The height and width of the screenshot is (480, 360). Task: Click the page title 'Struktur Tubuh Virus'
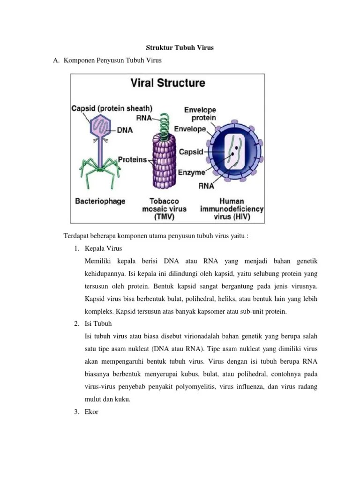coord(180,48)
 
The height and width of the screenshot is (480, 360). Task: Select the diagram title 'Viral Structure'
coord(167,83)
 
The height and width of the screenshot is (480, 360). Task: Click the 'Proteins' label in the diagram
coord(132,160)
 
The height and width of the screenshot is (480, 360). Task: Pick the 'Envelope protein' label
coord(200,114)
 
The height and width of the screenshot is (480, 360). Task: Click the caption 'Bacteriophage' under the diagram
coord(100,201)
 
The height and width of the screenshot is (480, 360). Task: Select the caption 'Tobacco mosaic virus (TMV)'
coord(164,209)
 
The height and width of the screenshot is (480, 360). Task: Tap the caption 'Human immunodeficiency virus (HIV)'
coord(232,209)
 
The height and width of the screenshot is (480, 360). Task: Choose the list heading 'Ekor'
coord(91,412)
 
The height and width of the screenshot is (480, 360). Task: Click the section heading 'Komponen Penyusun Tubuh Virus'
coord(112,61)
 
